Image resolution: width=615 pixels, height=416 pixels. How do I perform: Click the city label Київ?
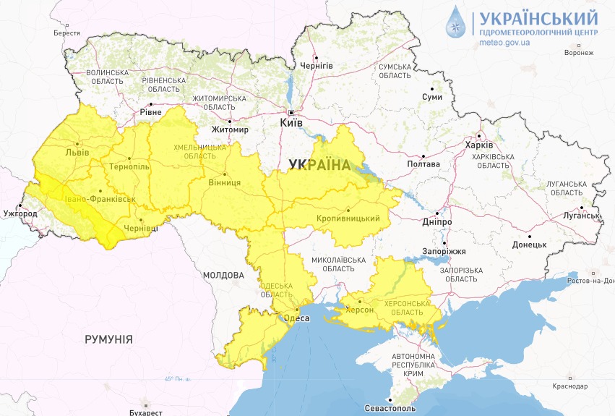[291, 124]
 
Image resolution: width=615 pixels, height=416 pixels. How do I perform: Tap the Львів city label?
[77, 153]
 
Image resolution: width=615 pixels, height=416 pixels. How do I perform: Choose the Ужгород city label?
[20, 214]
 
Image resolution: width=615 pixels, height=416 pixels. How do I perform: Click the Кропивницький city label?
[348, 218]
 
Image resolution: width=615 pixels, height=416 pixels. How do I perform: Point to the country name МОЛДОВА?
[223, 276]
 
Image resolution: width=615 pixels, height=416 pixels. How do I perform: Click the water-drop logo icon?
[457, 23]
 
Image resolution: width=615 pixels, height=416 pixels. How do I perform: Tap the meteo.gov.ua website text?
[504, 43]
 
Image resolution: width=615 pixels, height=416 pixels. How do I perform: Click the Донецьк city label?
[530, 245]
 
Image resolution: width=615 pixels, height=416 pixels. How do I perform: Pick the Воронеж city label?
[579, 53]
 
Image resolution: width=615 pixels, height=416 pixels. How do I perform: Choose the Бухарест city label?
[146, 412]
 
